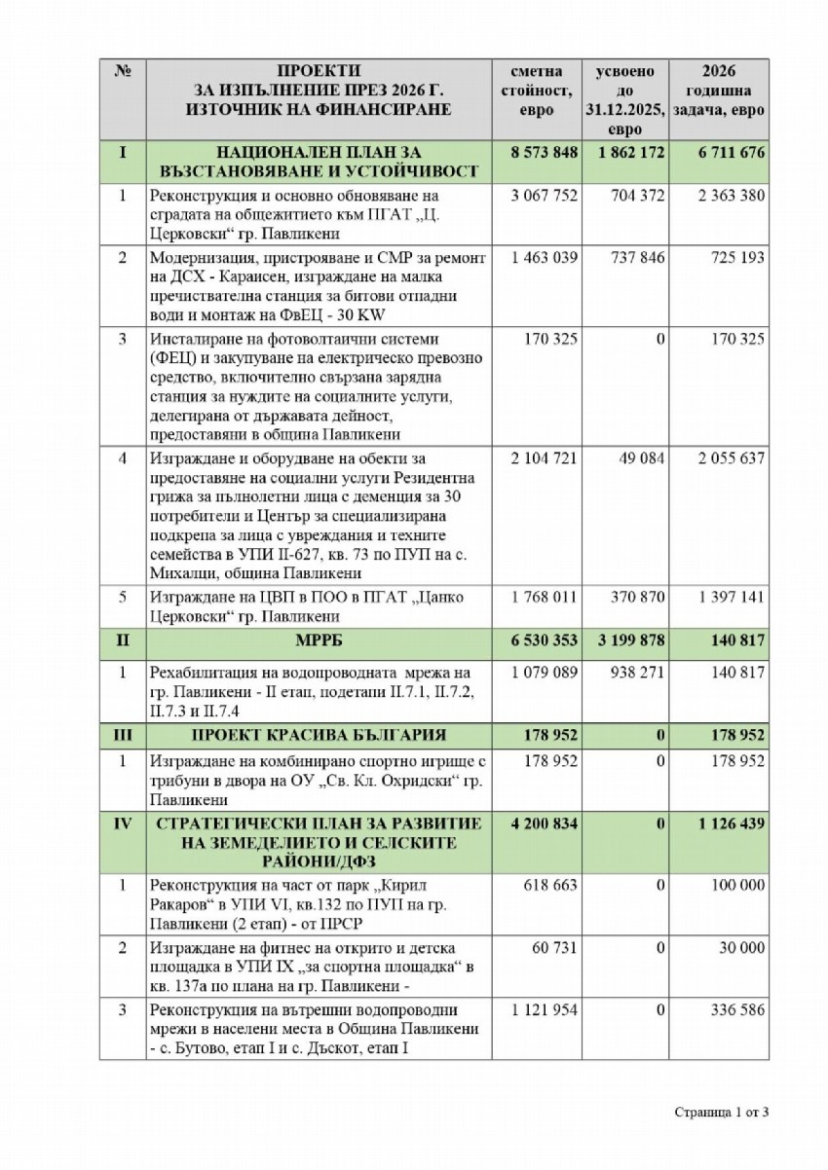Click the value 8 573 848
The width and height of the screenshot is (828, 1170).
tap(544, 153)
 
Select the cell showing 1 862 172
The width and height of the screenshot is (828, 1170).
tap(631, 153)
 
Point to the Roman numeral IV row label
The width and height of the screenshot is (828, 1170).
tap(123, 823)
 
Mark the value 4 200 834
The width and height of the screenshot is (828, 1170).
tap(544, 823)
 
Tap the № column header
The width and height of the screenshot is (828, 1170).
tap(123, 73)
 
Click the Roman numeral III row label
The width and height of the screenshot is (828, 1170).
tap(123, 734)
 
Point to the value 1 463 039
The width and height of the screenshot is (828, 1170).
tap(544, 258)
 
